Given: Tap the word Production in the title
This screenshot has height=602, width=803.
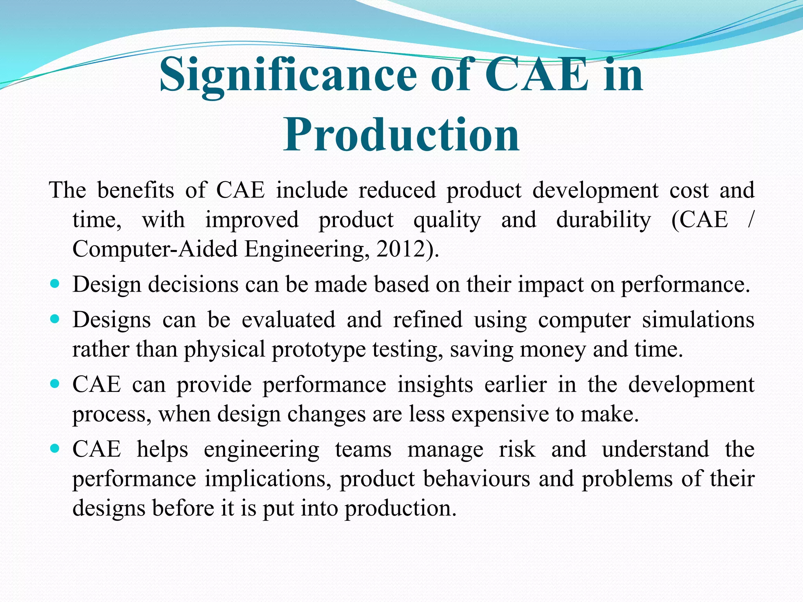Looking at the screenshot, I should click(x=401, y=135).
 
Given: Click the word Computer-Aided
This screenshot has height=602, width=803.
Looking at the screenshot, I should click(x=155, y=249).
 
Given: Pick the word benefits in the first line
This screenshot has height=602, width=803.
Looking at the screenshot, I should click(x=135, y=190).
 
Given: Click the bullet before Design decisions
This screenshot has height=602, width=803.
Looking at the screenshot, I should click(x=55, y=283).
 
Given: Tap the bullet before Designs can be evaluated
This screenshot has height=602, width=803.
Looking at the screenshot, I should click(x=55, y=319).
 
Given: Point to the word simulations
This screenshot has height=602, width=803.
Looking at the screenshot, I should click(x=698, y=320).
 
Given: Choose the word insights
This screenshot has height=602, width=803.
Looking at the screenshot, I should click(x=435, y=384).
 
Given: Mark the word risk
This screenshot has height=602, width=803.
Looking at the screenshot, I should click(x=517, y=449).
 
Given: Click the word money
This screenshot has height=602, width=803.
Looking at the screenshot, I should click(x=552, y=350).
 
